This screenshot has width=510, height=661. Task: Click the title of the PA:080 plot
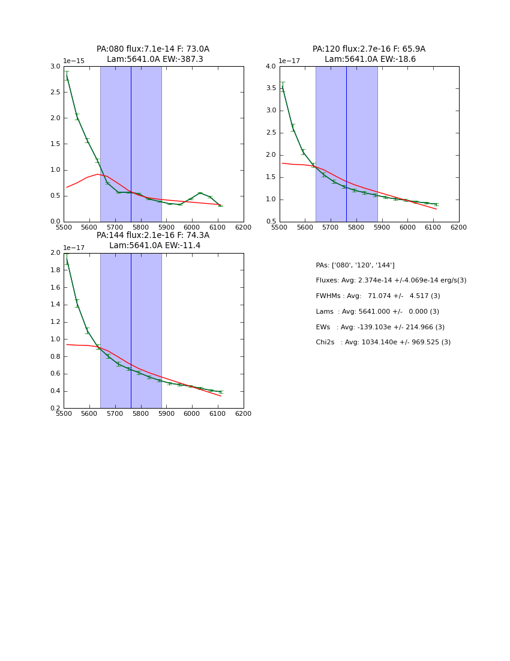pos(153,54)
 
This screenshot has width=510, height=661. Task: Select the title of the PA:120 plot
pos(369,54)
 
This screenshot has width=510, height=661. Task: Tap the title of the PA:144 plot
pos(153,240)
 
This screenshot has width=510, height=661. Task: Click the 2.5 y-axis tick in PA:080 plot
pos(55,92)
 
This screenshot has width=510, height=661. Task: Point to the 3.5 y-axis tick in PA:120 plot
pos(271,88)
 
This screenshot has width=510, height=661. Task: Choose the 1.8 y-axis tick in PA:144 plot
pos(55,270)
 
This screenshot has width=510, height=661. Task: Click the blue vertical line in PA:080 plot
pos(131,144)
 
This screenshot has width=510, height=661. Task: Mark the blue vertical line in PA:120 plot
pos(346,144)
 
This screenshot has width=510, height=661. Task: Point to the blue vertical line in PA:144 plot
pos(131,330)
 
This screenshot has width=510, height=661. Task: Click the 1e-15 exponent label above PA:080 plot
pos(74,61)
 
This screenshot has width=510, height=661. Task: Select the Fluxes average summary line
pos(391,281)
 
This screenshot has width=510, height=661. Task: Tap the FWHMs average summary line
pos(377,296)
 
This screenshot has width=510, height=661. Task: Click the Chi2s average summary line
pos(383,343)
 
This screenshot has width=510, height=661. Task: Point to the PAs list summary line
pos(355,265)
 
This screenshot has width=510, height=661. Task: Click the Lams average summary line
pos(377,312)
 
